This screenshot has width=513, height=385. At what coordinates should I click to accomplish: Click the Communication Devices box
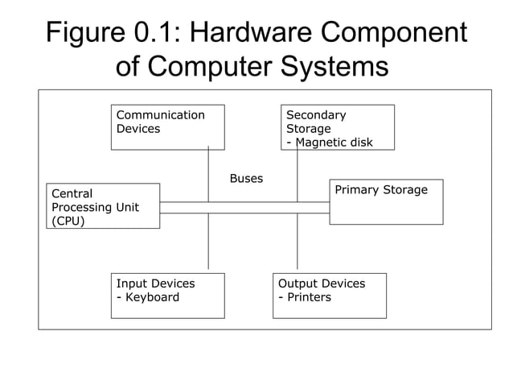(x=167, y=127)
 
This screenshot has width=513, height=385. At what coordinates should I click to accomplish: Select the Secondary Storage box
(x=337, y=127)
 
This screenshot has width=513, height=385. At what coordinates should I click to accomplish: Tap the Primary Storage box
(x=386, y=201)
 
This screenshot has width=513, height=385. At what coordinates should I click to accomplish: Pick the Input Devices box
(x=167, y=296)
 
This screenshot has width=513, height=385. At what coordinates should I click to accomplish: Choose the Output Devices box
(x=329, y=296)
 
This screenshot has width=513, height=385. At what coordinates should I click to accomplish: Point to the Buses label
(x=246, y=179)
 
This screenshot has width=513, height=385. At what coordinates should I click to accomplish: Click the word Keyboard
(x=152, y=297)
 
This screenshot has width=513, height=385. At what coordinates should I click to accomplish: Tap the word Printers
(x=309, y=297)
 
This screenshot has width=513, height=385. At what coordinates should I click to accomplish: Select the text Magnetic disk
(x=334, y=143)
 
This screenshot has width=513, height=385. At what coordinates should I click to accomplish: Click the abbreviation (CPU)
(x=68, y=221)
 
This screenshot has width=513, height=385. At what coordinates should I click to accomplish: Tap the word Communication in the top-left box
(x=161, y=115)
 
